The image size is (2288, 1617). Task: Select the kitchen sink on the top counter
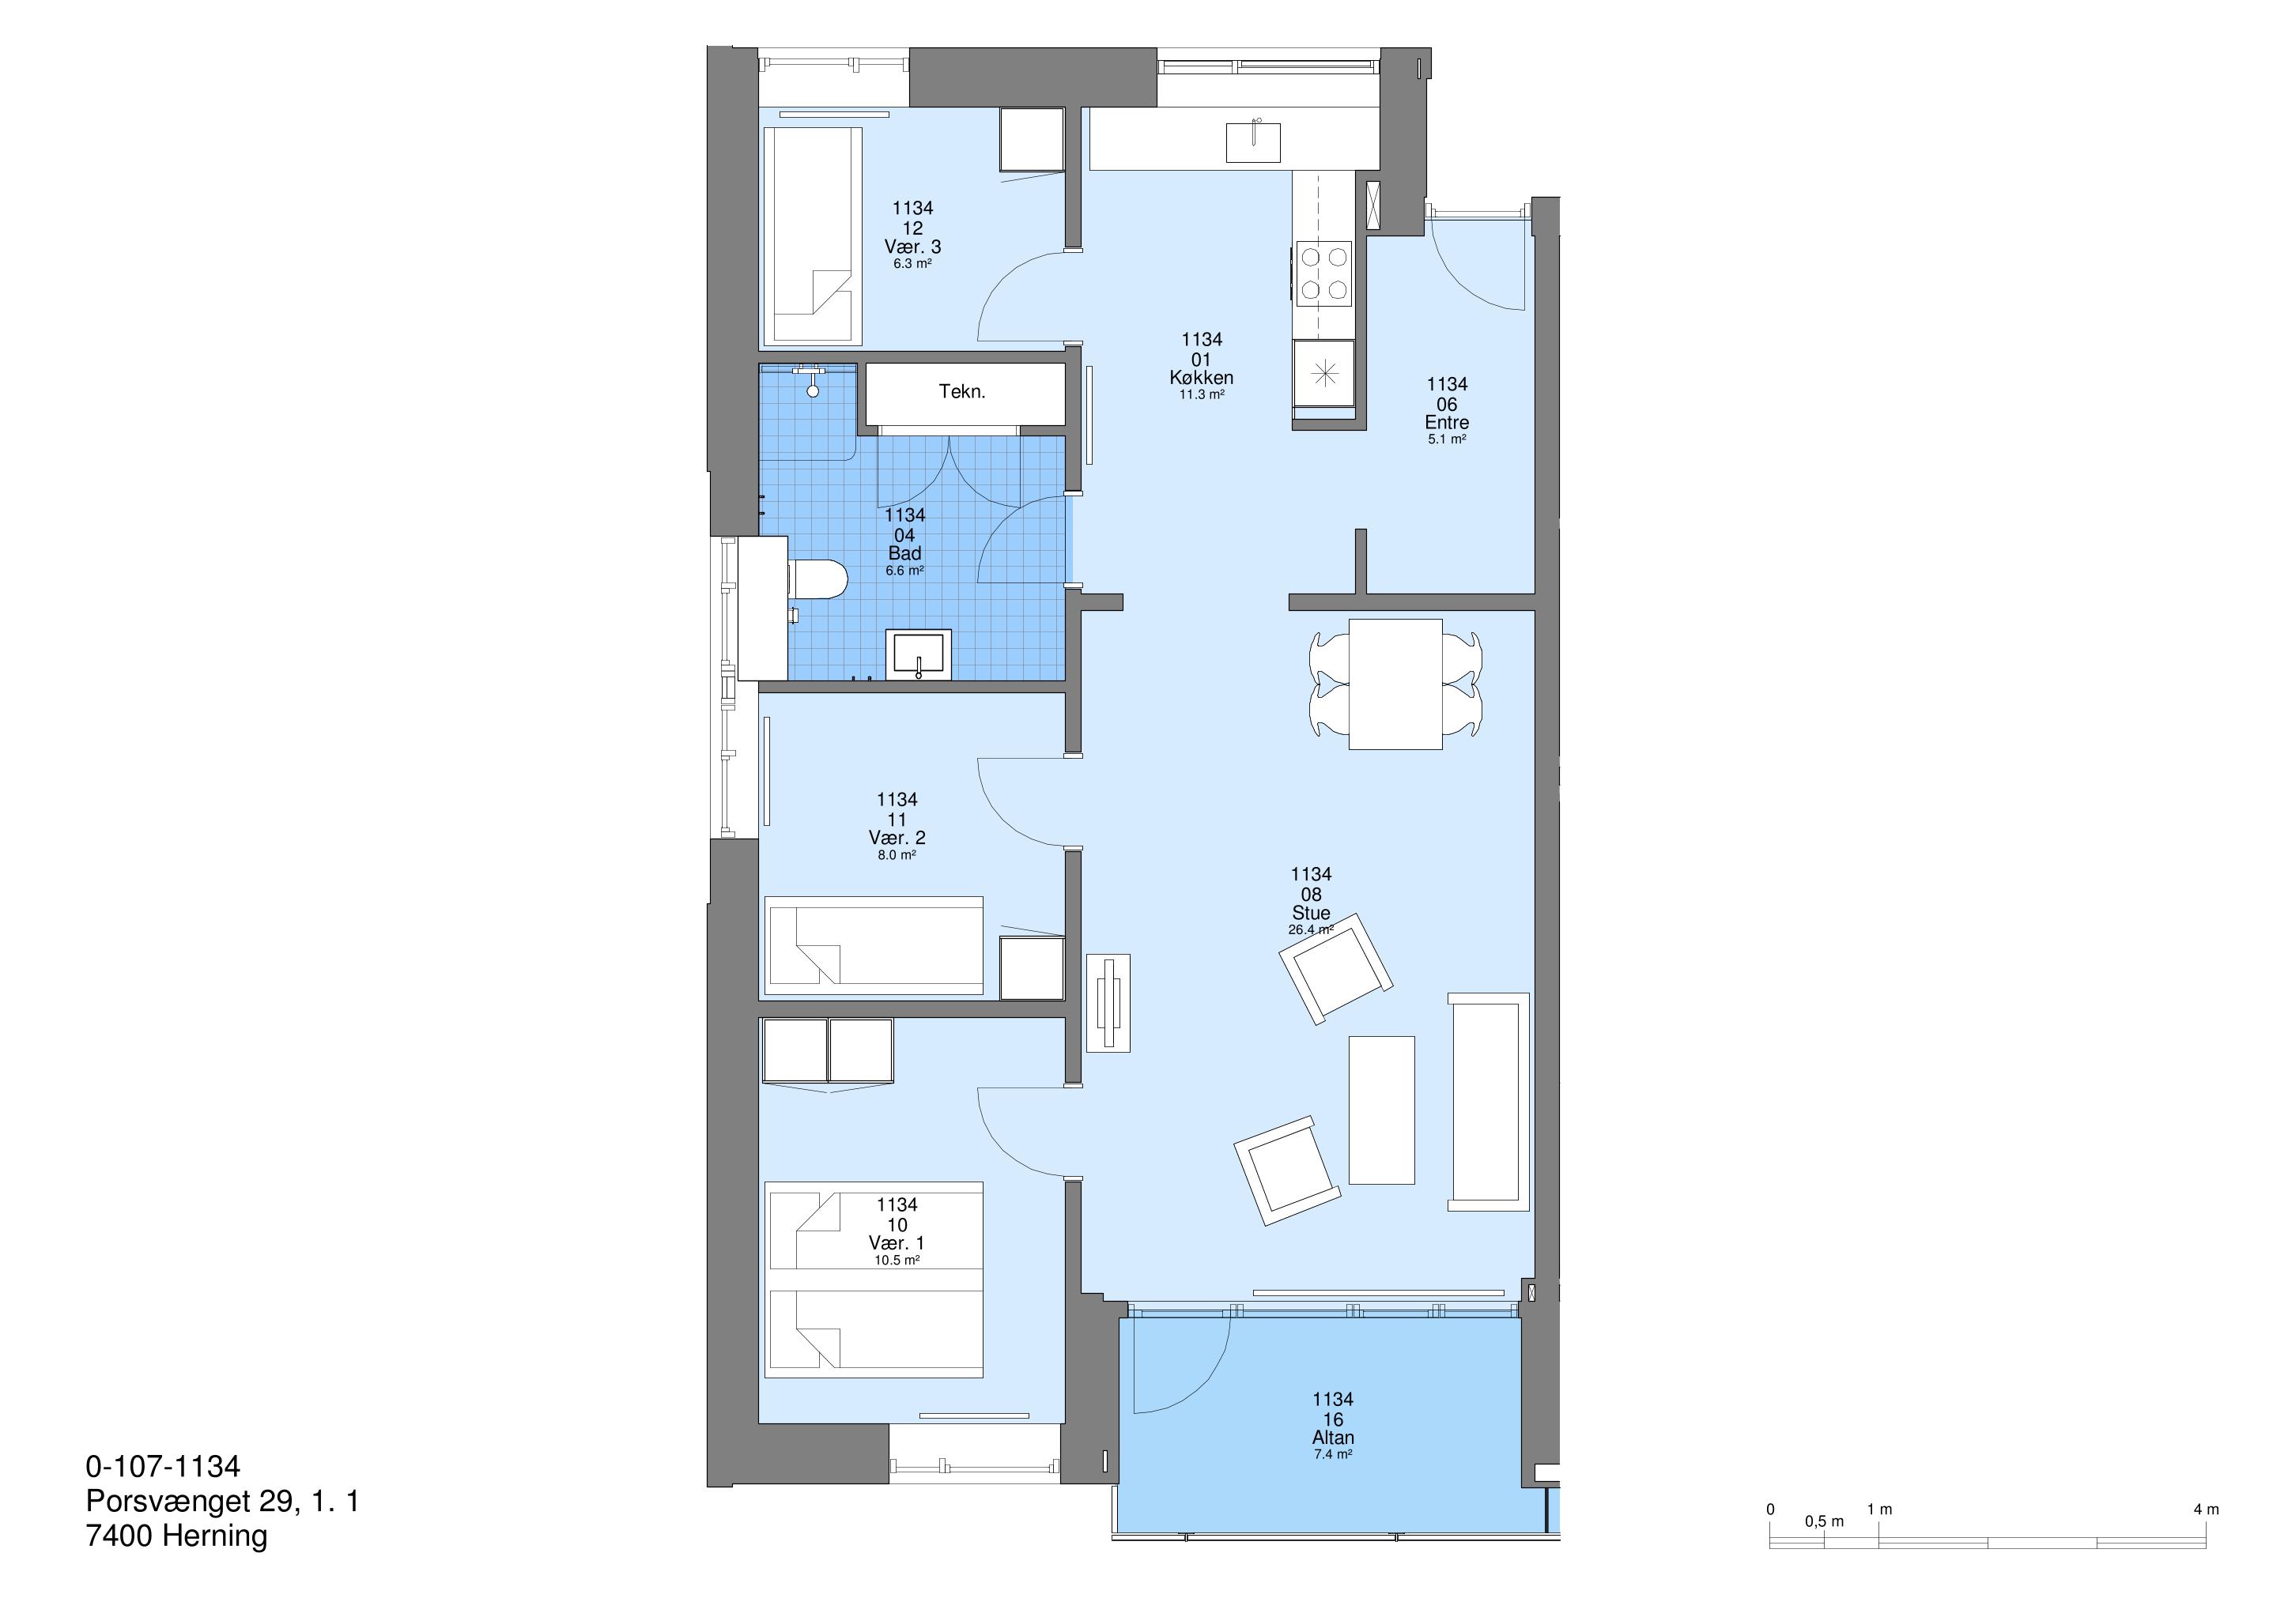(1252, 141)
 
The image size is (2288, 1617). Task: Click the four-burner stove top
(1323, 273)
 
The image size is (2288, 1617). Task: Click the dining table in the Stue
(1395, 684)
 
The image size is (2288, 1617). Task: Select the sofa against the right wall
(1489, 1101)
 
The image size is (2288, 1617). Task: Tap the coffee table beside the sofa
(1381, 1110)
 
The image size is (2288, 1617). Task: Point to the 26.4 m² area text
(1310, 929)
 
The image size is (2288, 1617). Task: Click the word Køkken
(1202, 378)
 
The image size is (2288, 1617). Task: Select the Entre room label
(1447, 423)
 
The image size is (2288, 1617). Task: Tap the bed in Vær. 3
(814, 236)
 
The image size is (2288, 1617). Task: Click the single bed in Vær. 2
(874, 945)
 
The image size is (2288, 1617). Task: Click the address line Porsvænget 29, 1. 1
(222, 1502)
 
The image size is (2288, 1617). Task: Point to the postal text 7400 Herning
(176, 1536)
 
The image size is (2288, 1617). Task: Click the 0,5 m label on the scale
(1825, 1521)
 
